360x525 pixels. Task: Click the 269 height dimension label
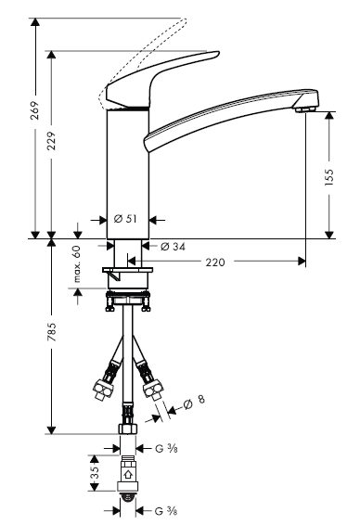35,110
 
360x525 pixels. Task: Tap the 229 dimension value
51,141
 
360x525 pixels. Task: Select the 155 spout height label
329,177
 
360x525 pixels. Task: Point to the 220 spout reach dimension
215,262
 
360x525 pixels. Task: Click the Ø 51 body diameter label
125,219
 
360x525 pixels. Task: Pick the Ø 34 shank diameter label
173,247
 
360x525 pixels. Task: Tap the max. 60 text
77,263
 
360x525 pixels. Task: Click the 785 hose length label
52,332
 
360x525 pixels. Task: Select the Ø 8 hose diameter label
194,402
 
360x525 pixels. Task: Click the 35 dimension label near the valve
96,472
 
